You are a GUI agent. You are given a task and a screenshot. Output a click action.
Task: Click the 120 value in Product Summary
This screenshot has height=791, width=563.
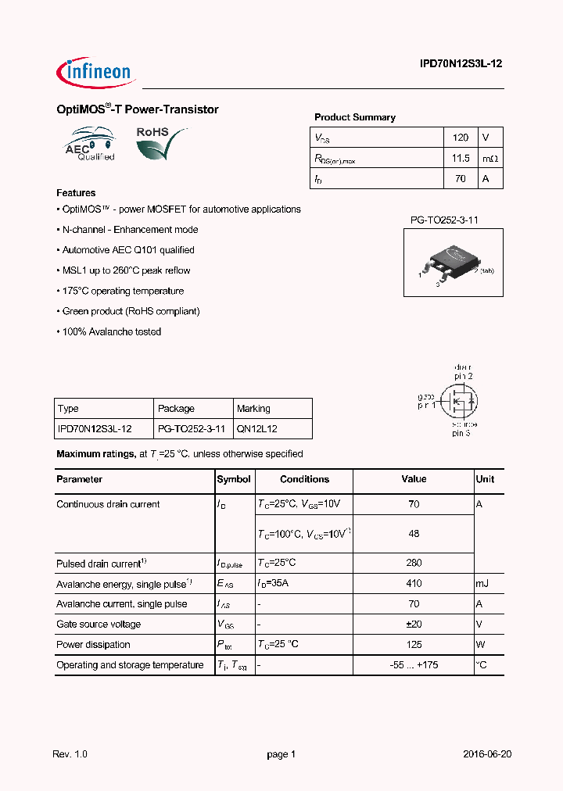[461, 138]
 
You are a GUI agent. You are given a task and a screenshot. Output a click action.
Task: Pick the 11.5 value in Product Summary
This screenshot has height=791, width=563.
[461, 159]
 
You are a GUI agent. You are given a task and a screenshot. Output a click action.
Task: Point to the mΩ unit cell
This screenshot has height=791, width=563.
[489, 159]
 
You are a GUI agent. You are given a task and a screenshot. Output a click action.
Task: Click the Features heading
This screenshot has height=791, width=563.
[76, 193]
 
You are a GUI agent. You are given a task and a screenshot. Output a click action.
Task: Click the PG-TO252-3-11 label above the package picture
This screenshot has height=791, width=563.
[444, 220]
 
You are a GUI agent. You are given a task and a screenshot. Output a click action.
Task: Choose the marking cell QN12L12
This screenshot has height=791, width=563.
[256, 429]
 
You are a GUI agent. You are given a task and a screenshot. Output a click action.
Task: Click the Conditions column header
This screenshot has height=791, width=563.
[304, 479]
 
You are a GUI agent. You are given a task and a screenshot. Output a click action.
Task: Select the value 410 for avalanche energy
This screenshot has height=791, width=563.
[414, 584]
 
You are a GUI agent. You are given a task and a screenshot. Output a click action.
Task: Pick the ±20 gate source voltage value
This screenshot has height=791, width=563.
[414, 625]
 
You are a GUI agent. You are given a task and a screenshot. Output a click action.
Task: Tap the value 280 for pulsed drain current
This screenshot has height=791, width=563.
[414, 563]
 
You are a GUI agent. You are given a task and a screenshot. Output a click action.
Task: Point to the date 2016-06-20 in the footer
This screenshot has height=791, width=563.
[486, 754]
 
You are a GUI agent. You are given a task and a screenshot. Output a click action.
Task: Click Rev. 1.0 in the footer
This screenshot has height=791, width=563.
[70, 754]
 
